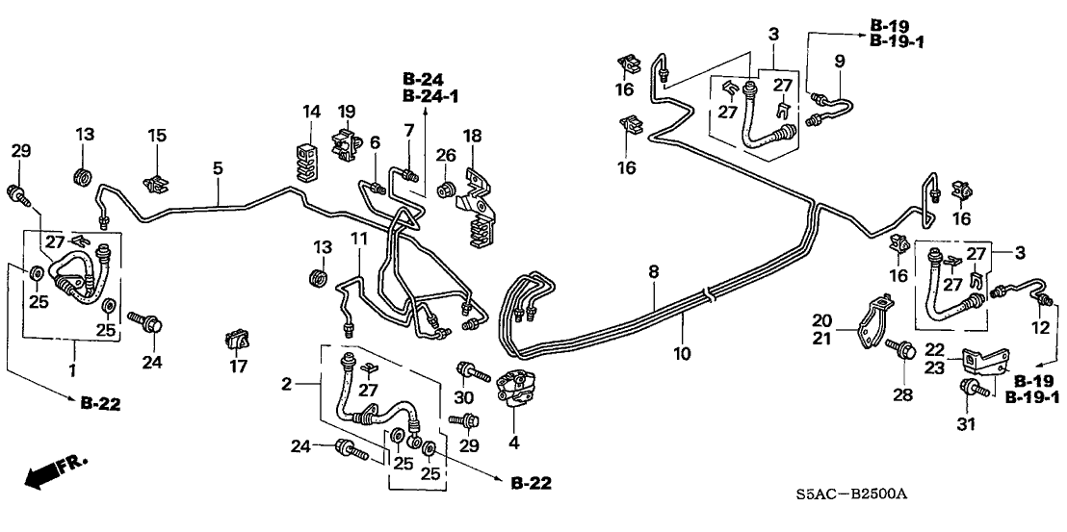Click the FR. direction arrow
click(50, 472)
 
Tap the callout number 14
click(310, 113)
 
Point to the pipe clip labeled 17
click(237, 340)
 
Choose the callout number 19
click(346, 112)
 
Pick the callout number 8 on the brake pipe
click(654, 273)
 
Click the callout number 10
click(683, 354)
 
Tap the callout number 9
click(839, 61)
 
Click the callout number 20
click(820, 321)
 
